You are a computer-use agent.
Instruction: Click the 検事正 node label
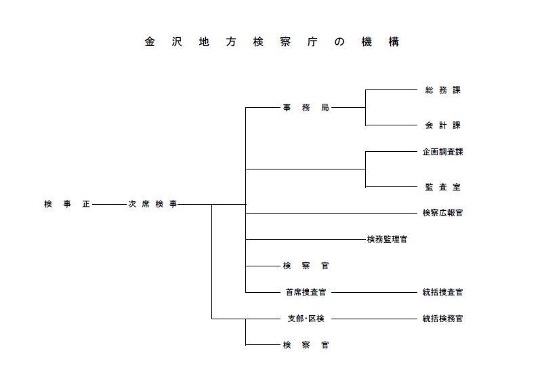click(x=66, y=203)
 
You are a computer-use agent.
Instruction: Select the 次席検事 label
click(x=152, y=203)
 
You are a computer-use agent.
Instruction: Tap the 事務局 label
click(x=306, y=107)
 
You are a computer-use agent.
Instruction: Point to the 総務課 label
click(x=442, y=89)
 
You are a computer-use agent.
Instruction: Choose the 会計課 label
click(x=442, y=125)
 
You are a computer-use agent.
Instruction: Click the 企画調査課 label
click(x=442, y=152)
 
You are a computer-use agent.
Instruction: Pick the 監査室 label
click(x=442, y=186)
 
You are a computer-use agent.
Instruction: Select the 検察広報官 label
click(x=442, y=213)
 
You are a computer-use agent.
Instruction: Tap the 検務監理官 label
click(x=387, y=239)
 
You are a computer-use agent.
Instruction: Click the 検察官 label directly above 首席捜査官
click(x=306, y=266)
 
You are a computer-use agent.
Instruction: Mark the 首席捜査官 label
click(x=306, y=292)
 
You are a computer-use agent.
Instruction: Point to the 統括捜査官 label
click(x=442, y=292)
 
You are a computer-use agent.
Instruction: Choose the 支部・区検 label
click(x=306, y=319)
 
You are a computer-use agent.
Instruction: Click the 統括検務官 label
click(x=442, y=319)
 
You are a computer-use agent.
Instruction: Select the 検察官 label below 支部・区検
click(x=306, y=345)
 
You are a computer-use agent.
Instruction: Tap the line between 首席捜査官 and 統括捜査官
click(x=376, y=292)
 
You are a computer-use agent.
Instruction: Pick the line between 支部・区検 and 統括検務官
click(x=376, y=319)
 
